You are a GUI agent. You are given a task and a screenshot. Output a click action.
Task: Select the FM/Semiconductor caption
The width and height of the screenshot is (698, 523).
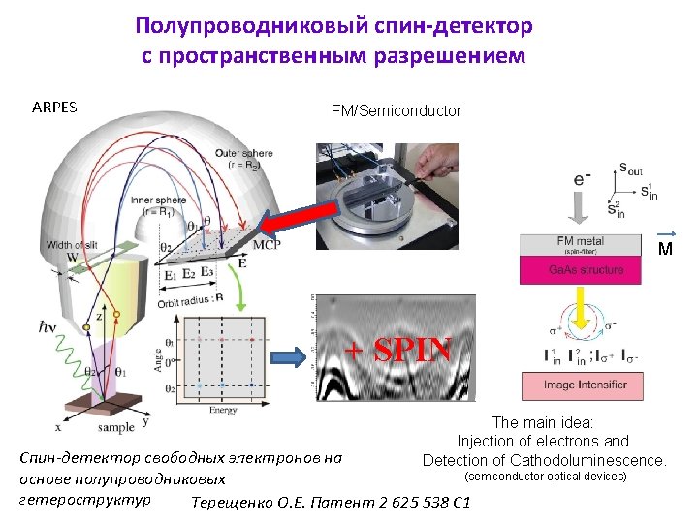click(396, 111)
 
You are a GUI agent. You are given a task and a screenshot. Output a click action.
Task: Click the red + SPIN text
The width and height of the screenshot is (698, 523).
click(399, 351)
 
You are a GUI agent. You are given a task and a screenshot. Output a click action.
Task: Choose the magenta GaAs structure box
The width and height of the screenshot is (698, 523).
click(580, 270)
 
